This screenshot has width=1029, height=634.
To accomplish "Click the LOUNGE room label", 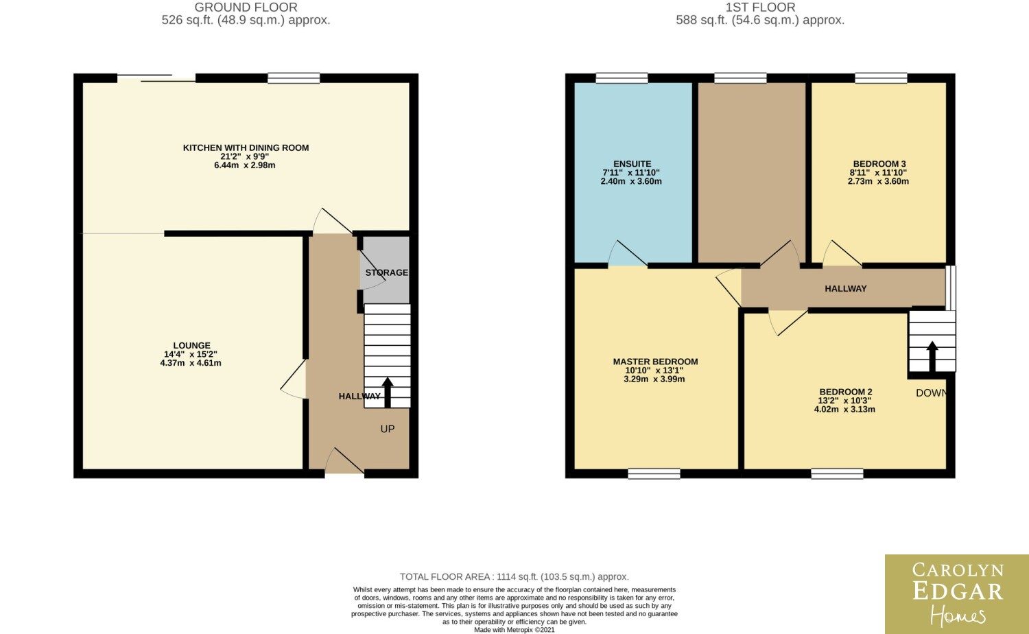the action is click(191, 346).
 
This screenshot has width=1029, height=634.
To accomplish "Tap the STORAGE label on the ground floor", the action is click(387, 272).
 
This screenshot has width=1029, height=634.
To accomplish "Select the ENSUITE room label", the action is click(632, 164).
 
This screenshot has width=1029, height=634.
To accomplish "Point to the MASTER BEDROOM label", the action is click(655, 362).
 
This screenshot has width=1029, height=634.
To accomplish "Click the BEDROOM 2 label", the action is click(846, 392).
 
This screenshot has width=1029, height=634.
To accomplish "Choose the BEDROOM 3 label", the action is click(879, 164).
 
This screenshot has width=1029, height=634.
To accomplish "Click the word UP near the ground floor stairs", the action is click(388, 429).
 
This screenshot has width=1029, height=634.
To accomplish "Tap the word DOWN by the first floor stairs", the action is click(931, 392).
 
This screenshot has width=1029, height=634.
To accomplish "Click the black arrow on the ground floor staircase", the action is click(388, 392).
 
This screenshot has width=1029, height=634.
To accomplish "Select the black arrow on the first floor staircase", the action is click(932, 357).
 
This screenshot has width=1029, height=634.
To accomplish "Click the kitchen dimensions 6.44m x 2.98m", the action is click(245, 165).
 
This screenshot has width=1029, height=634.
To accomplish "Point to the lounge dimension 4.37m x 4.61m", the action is click(191, 363).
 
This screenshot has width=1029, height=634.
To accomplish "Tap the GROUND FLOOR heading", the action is click(246, 8).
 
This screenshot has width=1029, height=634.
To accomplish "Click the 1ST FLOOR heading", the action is click(760, 8).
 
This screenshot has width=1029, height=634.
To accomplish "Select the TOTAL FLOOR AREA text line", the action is click(514, 576).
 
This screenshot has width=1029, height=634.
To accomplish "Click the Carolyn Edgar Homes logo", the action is click(957, 594).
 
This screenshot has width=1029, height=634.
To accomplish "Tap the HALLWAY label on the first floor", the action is click(846, 288).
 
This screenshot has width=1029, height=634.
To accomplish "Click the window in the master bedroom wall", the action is click(654, 473).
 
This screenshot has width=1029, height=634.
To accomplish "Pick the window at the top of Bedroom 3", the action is click(881, 78).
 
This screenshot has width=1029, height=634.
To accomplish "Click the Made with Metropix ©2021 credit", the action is click(514, 630).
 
